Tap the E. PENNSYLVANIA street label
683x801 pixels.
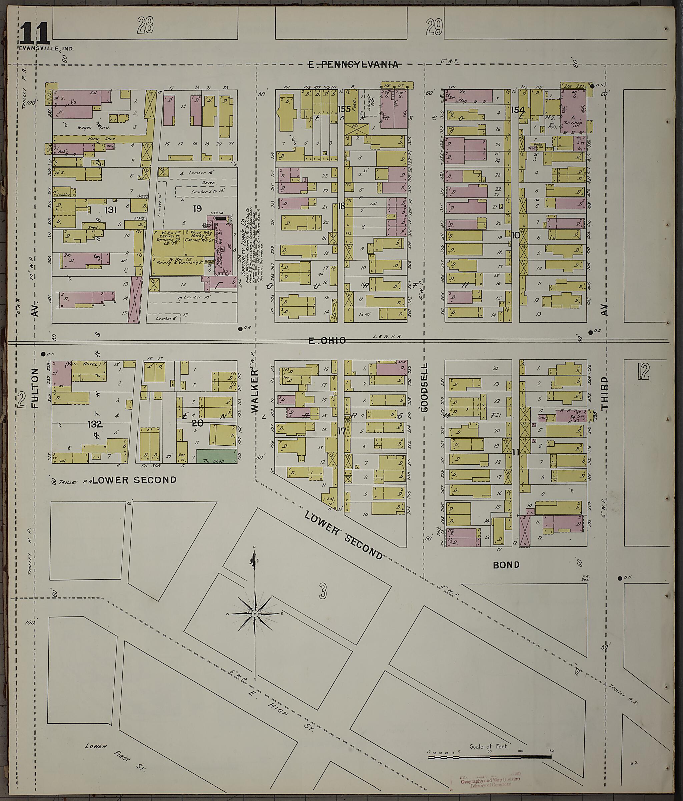coord(353,65)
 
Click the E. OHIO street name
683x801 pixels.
coord(327,341)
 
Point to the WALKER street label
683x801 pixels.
coord(255,391)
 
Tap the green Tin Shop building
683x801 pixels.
coord(216,456)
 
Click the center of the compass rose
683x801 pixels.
coord(255,614)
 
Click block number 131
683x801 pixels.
coord(110,210)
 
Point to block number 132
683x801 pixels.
coord(95,424)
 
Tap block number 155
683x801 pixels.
coord(344,109)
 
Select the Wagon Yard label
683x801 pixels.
coord(99,127)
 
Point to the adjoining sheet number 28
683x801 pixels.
coord(145,26)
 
